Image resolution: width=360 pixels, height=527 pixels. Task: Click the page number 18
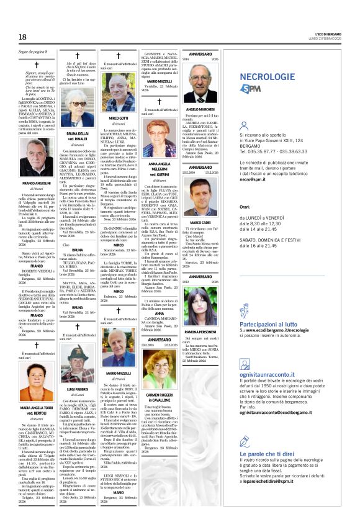(x=22, y=38)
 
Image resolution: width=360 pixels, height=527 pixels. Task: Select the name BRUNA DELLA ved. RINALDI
(x=78, y=135)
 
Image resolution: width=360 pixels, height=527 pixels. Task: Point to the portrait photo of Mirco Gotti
(x=118, y=94)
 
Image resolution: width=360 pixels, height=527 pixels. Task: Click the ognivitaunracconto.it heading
(x=271, y=374)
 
